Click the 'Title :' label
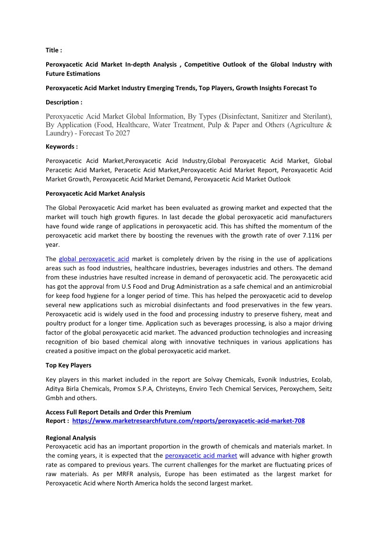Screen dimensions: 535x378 [53, 50]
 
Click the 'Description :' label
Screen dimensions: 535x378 [64, 102]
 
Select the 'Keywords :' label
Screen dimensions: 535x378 [61, 147]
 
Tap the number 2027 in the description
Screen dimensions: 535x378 [120, 133]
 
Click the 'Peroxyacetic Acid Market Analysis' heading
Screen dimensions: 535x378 [95, 193]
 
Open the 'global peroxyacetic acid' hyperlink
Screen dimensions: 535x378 [94, 259]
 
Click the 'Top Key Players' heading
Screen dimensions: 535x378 [68, 366]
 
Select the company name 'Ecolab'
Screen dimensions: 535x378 [321, 380]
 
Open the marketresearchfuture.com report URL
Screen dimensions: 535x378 [188, 421]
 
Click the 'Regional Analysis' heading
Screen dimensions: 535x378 [70, 437]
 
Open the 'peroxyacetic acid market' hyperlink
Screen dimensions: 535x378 [201, 455]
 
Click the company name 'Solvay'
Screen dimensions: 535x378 [217, 380]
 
